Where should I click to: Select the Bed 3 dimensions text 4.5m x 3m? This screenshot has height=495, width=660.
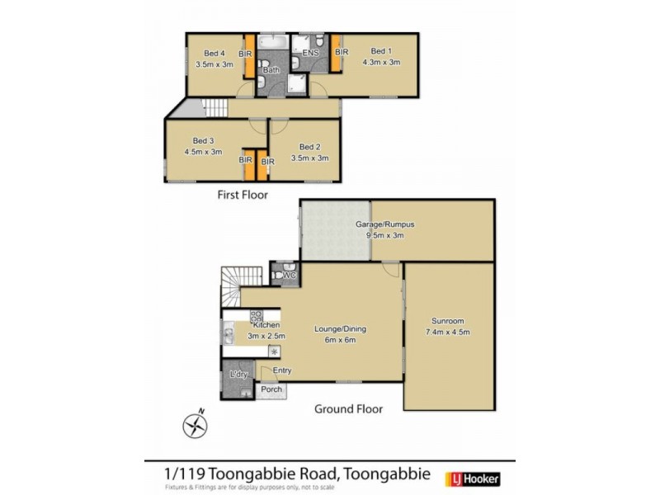pos(205,152)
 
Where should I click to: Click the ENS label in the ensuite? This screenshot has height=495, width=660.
pos(311,53)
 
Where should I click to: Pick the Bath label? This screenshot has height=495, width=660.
pos(271,71)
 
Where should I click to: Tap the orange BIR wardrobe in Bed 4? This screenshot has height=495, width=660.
pos(246,54)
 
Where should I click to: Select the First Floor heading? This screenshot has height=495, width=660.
pos(243,195)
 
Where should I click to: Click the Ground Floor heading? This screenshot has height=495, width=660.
pos(348,408)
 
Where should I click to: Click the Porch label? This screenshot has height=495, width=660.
pos(271,389)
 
